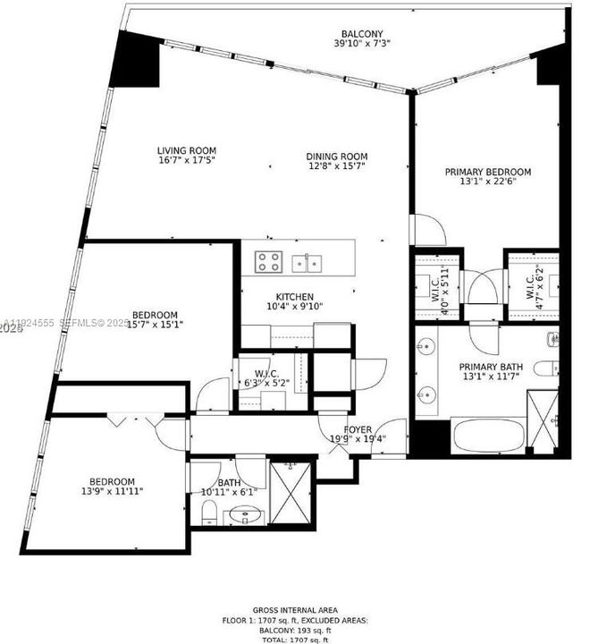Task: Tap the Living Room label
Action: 187,150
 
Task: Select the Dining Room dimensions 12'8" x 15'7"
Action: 337,165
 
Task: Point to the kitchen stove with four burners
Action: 270,261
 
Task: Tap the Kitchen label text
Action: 294,297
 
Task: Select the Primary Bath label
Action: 489,367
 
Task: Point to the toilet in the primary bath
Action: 546,367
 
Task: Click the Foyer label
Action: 358,429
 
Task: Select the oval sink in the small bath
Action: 240,516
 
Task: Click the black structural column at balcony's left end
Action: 133,59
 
